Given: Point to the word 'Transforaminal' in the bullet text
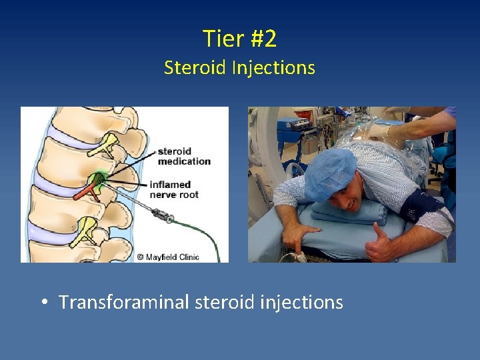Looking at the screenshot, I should (x=124, y=303).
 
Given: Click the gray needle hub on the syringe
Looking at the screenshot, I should (x=161, y=215).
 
